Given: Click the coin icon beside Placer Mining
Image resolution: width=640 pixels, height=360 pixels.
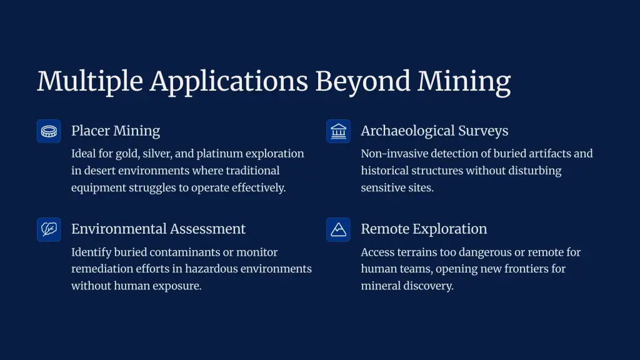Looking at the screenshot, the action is [49, 131].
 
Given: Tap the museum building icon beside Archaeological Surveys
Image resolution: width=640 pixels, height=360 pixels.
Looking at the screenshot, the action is [338, 131].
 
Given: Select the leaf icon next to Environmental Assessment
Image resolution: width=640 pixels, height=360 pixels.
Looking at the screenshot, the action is [49, 229].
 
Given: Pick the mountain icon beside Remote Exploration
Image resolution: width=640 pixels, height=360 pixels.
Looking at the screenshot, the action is [338, 229].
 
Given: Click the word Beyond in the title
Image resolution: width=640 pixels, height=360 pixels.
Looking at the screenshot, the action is [362, 82].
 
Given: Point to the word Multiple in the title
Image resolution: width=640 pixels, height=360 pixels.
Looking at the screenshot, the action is [90, 82].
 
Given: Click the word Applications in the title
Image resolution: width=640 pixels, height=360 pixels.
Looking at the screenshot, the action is [229, 82].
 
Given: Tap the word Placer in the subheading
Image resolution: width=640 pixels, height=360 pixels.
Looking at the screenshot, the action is [90, 131].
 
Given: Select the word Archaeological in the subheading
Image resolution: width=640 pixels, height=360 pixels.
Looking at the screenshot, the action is [407, 131].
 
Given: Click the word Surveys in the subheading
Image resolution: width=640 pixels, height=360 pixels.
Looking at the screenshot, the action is [483, 131].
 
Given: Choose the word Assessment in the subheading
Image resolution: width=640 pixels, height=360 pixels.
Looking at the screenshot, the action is [207, 229].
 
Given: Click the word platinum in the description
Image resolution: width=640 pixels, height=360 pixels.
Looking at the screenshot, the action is [219, 154].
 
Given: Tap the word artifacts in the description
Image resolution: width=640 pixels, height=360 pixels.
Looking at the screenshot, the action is [550, 154].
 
